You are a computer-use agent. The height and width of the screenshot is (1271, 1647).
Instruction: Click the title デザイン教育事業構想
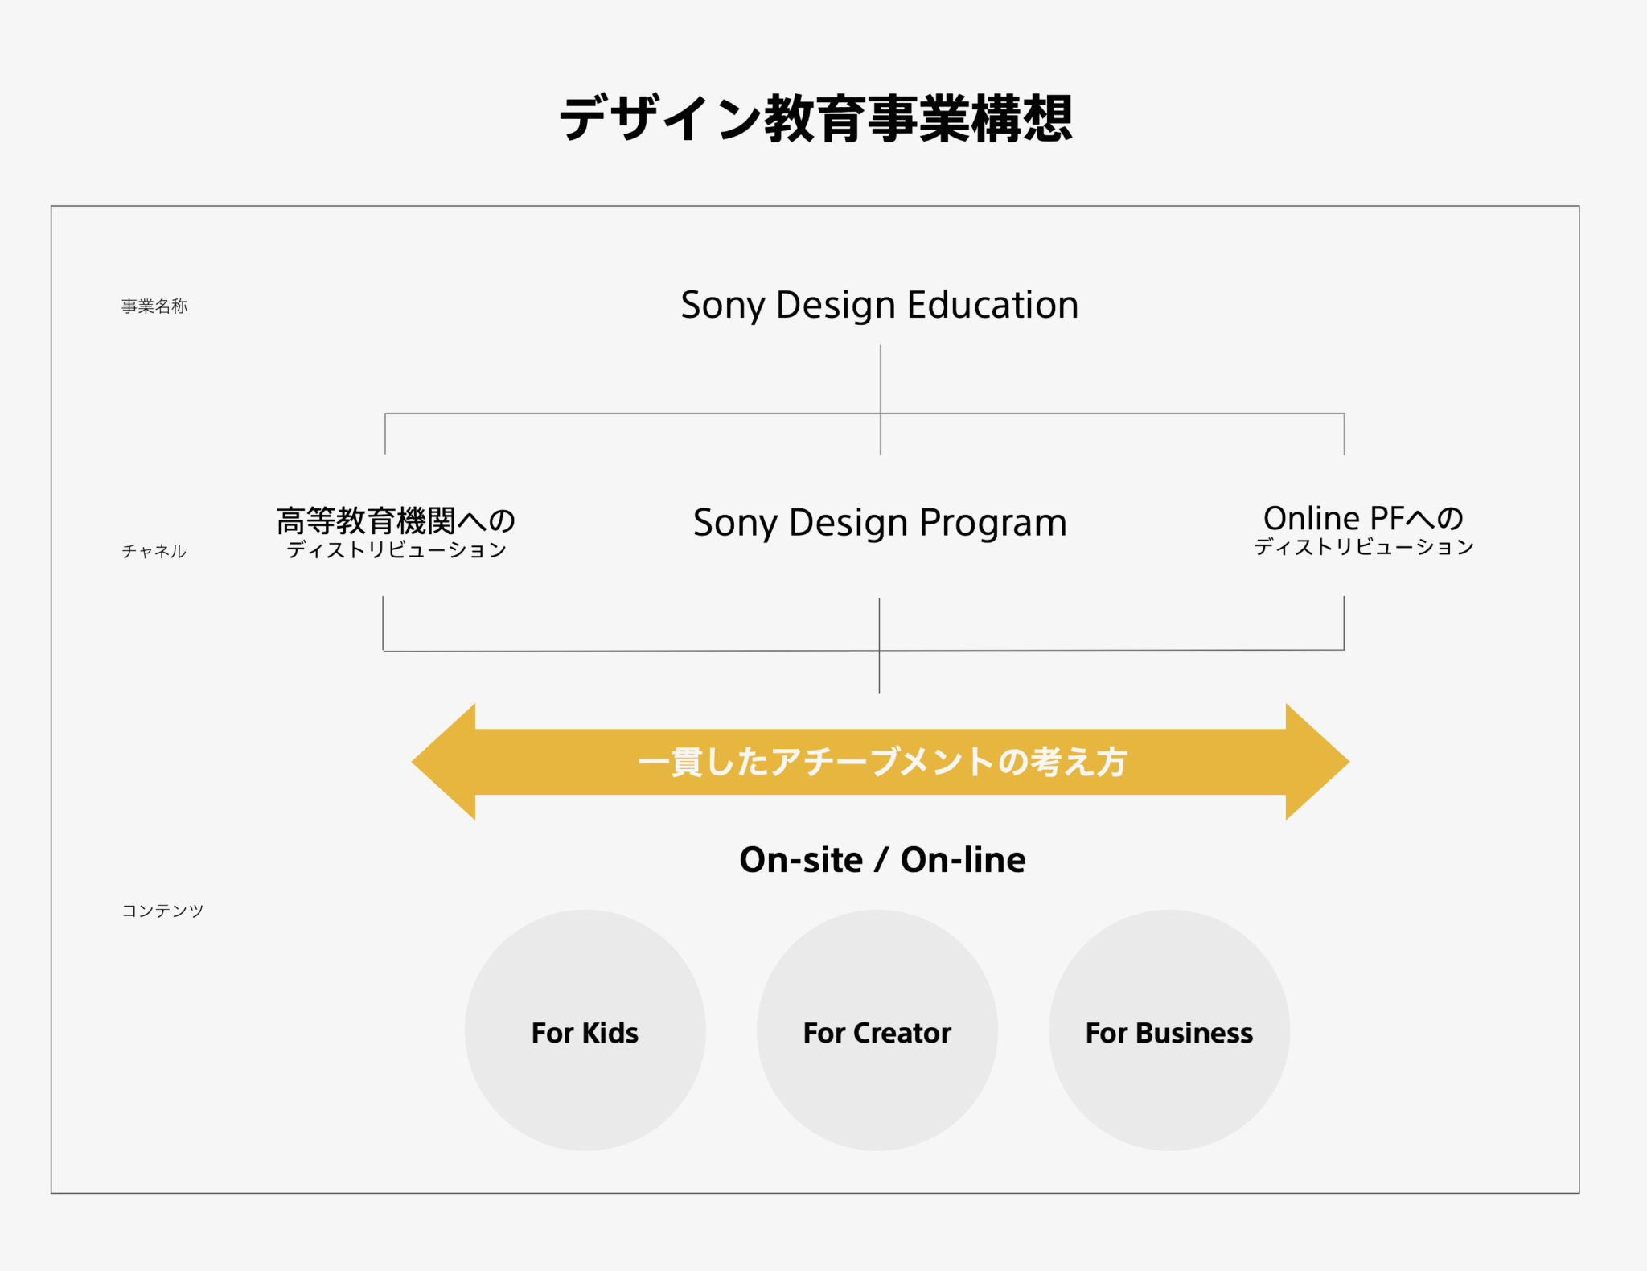[816, 118]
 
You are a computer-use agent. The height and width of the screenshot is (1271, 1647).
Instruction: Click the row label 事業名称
[154, 306]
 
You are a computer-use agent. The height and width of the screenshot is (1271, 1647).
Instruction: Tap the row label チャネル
[154, 551]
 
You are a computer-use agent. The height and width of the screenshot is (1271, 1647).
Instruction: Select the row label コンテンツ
[162, 911]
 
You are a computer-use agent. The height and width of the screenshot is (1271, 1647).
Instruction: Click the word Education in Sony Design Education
[992, 305]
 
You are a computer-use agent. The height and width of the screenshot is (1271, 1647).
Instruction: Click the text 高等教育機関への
[396, 520]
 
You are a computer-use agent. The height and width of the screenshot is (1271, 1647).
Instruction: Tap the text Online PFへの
[1363, 518]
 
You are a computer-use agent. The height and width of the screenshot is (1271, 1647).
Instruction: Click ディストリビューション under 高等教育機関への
[396, 550]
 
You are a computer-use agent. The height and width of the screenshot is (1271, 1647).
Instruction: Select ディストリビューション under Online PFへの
[1364, 547]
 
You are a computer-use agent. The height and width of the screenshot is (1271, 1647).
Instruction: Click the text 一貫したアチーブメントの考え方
[882, 762]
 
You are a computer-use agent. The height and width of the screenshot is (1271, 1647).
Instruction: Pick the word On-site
[801, 860]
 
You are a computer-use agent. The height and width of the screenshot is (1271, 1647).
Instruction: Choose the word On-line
[963, 860]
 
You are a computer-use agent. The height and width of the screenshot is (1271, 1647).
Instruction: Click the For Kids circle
[585, 1030]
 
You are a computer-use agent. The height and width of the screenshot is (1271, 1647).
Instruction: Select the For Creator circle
[877, 1030]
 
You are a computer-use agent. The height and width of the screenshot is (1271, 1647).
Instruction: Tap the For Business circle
[1169, 1030]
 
